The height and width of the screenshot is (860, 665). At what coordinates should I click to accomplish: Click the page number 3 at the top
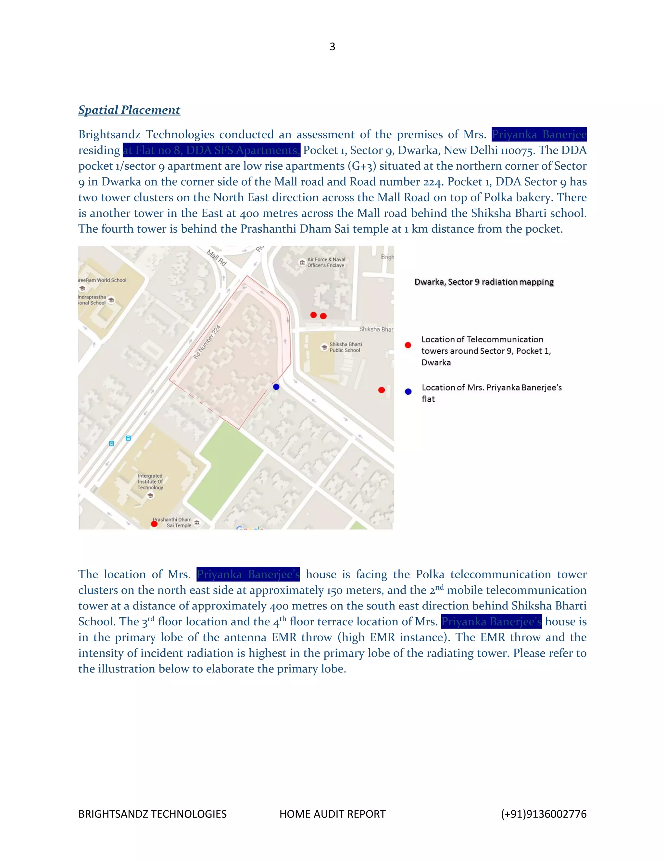coord(332,47)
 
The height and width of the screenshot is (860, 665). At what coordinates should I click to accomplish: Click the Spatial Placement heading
coord(129,110)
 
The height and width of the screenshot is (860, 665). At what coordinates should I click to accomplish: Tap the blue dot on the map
coord(276,387)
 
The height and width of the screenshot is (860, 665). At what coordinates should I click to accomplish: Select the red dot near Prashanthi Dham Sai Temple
coord(155,524)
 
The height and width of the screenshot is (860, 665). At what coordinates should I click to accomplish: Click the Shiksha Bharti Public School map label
coord(345,347)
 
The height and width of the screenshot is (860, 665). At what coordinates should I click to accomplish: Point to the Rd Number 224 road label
coord(207,342)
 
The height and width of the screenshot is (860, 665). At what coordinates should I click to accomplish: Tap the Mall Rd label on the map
coord(217,258)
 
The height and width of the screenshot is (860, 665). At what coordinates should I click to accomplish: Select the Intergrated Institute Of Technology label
coord(150,482)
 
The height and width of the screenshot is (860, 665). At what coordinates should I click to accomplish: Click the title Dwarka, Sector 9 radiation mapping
coord(484,282)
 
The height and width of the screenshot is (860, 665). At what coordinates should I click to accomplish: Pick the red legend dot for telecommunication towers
coord(408,345)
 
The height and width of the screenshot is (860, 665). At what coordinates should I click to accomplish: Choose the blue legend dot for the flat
coord(408,392)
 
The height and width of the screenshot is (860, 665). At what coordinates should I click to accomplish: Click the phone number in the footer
coord(543,814)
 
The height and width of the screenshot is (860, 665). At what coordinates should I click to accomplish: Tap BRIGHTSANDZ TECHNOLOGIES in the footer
coord(153,814)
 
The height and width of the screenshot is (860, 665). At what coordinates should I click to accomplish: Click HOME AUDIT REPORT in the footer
coord(332,814)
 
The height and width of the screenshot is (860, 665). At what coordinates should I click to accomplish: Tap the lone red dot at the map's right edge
coord(381,390)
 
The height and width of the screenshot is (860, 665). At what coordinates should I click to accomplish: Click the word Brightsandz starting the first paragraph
coord(109,135)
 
